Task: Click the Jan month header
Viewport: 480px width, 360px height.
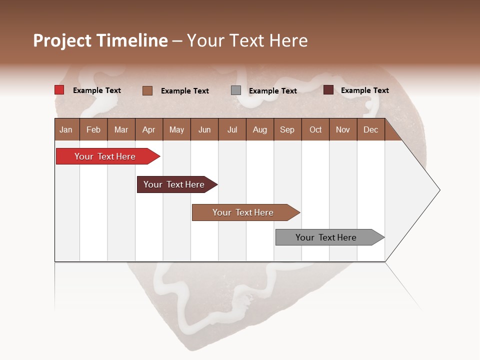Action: [66, 129]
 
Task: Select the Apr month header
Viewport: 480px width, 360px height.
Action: [149, 129]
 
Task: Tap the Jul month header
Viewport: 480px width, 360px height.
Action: [232, 129]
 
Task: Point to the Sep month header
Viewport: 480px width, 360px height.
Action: [287, 129]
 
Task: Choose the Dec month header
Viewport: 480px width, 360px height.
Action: [370, 129]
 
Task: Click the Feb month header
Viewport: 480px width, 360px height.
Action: [93, 129]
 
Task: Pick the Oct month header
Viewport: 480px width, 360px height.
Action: [315, 129]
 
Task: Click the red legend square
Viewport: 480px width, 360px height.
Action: [59, 90]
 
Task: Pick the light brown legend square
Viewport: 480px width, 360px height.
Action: [147, 90]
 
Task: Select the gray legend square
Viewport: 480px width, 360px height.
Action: [236, 90]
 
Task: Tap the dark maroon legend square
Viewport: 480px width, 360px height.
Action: [328, 90]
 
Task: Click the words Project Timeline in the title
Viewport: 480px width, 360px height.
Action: [100, 40]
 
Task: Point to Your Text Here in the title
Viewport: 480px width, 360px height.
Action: [247, 40]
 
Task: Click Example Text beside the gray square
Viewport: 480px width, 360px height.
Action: [272, 90]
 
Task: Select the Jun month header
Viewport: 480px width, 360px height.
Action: [204, 129]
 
